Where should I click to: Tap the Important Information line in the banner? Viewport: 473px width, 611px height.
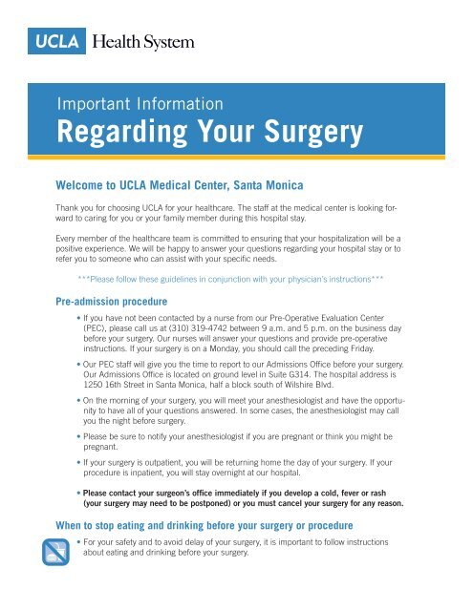click(x=142, y=103)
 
